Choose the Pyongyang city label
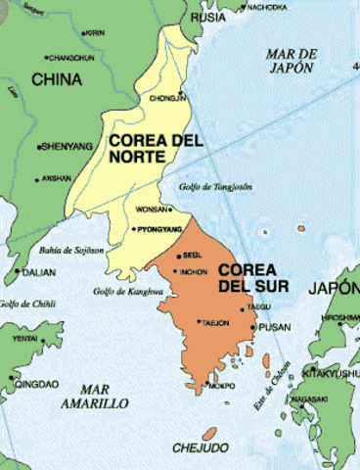coord(157,228)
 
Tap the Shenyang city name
coord(67,147)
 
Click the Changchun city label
coord(69,58)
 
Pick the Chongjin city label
coord(167,98)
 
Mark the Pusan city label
coord(278,326)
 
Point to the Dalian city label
coord(37,272)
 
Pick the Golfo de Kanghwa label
coord(128,291)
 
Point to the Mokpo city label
coord(220,385)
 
